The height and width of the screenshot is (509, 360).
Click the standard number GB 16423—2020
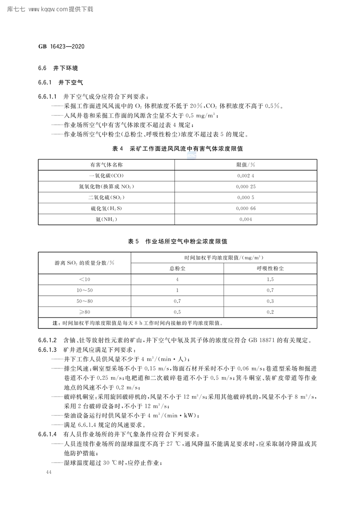pos(62,47)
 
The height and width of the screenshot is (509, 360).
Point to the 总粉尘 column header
pos(177,268)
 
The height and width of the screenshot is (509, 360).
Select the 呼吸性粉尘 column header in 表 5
pos(270,268)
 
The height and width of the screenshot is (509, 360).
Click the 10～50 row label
pos(85,290)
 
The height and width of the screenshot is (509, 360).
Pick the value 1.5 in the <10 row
pos(270,279)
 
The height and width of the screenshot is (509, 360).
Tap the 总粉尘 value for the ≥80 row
pos(177,312)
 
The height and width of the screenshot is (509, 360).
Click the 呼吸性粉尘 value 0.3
pos(270,301)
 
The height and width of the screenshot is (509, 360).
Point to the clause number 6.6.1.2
pos(47,341)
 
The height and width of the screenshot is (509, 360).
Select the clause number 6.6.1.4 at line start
pos(47,434)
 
